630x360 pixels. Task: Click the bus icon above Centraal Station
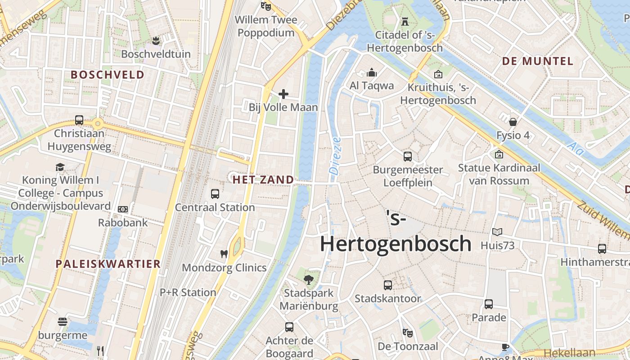[215, 194]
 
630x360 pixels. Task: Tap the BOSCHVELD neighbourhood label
[108, 75]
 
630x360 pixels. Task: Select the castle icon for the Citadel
[405, 21]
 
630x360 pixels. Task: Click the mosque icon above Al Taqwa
[372, 72]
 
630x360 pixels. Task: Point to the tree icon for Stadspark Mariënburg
[308, 280]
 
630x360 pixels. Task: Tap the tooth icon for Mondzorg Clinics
[224, 254]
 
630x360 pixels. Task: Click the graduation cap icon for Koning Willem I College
[60, 167]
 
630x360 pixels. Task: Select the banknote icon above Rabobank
[122, 209]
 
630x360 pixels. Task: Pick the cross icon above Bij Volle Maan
[283, 94]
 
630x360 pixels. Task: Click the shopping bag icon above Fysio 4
[513, 122]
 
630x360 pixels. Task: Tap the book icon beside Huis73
[497, 232]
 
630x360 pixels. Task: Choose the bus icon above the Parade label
[489, 304]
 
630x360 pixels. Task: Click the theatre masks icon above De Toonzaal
[408, 333]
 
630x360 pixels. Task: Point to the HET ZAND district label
[263, 180]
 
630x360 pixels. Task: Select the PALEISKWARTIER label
[108, 264]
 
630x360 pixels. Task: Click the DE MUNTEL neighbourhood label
[537, 61]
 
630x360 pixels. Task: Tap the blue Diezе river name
[335, 156]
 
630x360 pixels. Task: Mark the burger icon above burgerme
[63, 322]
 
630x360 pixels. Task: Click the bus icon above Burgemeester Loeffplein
[408, 157]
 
